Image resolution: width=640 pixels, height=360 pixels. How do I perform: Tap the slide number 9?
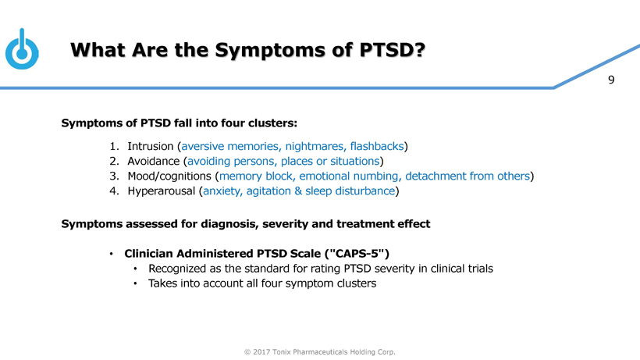pyautogui.click(x=611, y=80)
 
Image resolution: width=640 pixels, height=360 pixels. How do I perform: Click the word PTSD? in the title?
pyautogui.click(x=393, y=50)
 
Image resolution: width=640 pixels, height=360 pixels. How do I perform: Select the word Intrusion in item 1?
pyautogui.click(x=151, y=146)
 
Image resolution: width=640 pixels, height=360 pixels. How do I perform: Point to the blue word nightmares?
pyautogui.click(x=315, y=146)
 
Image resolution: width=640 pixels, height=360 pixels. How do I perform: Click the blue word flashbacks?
pyautogui.click(x=377, y=146)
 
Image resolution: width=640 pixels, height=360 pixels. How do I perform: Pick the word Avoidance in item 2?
pyautogui.click(x=154, y=161)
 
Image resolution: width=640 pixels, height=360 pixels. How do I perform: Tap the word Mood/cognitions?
pyautogui.click(x=169, y=176)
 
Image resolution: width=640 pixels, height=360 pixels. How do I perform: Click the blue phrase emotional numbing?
pyautogui.click(x=349, y=176)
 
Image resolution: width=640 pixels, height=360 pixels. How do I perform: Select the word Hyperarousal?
pyautogui.click(x=162, y=191)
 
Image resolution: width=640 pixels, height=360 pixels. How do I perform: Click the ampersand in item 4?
pyautogui.click(x=298, y=191)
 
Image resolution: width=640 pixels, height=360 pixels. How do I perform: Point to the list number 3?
pyautogui.click(x=114, y=176)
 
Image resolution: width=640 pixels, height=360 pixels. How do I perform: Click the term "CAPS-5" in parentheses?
pyautogui.click(x=357, y=254)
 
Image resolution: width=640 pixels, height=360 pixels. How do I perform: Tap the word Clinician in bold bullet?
pyautogui.click(x=148, y=254)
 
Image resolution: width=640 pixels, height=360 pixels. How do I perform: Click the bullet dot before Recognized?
pyautogui.click(x=135, y=269)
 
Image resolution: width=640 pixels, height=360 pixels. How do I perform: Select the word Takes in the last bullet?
pyautogui.click(x=161, y=283)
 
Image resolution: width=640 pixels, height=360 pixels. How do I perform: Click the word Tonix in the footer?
pyautogui.click(x=281, y=352)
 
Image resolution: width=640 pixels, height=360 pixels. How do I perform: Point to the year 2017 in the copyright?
pyautogui.click(x=261, y=352)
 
